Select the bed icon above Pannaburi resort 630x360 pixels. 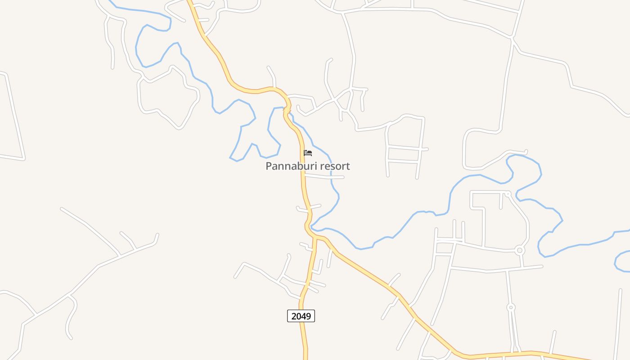(x=308, y=153)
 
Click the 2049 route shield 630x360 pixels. (x=301, y=316)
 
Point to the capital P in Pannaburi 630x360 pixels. (x=269, y=166)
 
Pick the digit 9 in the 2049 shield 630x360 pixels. (x=308, y=316)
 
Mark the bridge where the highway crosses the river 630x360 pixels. (x=286, y=109)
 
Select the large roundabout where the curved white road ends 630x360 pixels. (x=520, y=250)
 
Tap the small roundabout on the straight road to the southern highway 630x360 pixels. (x=511, y=307)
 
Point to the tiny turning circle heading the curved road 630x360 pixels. (x=508, y=194)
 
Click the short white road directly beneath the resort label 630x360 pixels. (x=324, y=176)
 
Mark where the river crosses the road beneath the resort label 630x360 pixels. (x=332, y=177)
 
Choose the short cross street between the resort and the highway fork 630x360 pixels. (x=309, y=207)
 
